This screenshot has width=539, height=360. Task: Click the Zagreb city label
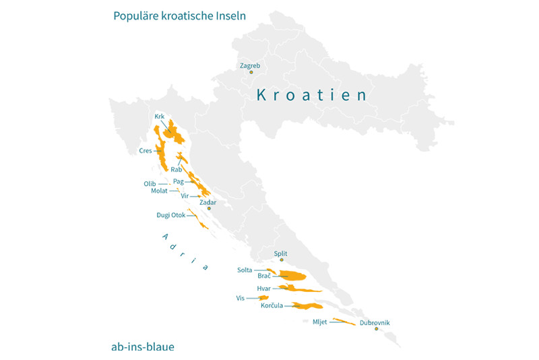click(x=249, y=65)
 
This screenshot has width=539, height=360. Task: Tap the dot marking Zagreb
click(x=251, y=72)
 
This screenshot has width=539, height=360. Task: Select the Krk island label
click(x=160, y=117)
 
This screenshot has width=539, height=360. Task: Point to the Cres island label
click(x=146, y=151)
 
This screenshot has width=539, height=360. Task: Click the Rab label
click(x=176, y=170)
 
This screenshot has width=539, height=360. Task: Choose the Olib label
click(x=150, y=183)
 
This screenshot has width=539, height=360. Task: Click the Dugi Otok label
click(x=170, y=216)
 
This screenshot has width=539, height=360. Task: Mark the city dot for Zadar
click(x=209, y=208)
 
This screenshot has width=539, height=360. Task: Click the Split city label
click(x=281, y=253)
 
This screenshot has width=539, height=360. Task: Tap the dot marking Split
click(x=282, y=260)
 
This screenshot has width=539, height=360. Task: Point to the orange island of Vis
click(x=263, y=297)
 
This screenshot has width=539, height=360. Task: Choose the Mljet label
click(x=319, y=322)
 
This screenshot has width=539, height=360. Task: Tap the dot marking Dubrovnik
click(x=376, y=329)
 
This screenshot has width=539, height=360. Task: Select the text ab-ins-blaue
click(x=143, y=347)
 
